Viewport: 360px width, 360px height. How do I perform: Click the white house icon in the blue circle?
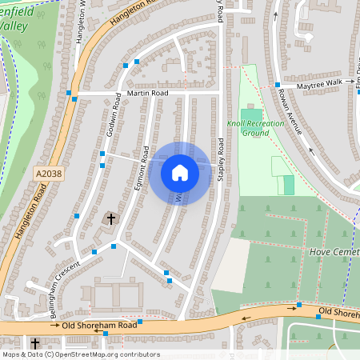pyautogui.click(x=180, y=173)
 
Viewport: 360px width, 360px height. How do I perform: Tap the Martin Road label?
pyautogui.click(x=149, y=94)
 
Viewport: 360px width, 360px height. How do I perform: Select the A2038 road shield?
pyautogui.click(x=46, y=173)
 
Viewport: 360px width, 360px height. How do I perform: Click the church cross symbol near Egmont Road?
pyautogui.click(x=112, y=217)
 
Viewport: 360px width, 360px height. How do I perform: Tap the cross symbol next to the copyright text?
pyautogui.click(x=35, y=342)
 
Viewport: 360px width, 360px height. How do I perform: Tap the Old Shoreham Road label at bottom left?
pyautogui.click(x=95, y=326)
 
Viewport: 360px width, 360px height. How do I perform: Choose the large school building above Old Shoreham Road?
pyautogui.click(x=117, y=296)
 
